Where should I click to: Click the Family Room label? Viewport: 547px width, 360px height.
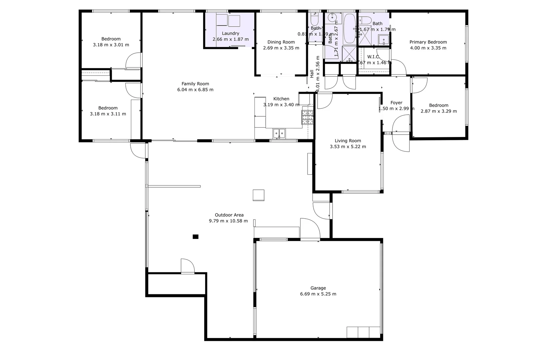coord(195,84)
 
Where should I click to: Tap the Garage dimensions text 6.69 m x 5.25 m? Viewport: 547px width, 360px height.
coord(318,294)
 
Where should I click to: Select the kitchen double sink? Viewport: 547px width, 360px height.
coord(279,133)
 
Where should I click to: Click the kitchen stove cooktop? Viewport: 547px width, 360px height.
coord(308,117)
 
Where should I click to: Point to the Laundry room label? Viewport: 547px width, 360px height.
coord(230,33)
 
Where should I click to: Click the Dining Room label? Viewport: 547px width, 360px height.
coord(281,42)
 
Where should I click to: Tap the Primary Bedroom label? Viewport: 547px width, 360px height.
coord(428,42)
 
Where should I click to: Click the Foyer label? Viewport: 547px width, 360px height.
coord(396,103)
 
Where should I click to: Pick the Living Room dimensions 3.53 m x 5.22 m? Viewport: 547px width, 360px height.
coord(348,147)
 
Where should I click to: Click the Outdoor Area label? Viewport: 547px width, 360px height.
coord(229,215)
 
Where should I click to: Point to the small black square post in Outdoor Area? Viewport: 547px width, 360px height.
coord(195,237)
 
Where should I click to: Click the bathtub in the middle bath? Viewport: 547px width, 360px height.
coord(349,28)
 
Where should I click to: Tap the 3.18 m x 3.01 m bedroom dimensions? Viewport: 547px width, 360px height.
coord(111,45)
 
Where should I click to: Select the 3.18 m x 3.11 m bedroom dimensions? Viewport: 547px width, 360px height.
coord(108,114)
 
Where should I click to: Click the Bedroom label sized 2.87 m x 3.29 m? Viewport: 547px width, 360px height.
coord(439,105)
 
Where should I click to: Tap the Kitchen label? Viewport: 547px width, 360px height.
coord(281,99)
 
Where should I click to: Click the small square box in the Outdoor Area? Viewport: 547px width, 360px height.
coord(258,195)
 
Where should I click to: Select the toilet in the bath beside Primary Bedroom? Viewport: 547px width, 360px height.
coord(365,21)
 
